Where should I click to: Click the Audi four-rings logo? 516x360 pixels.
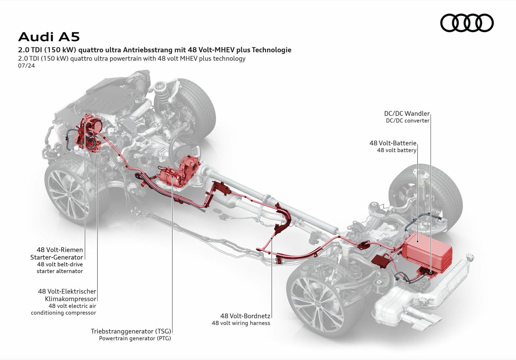(467, 23)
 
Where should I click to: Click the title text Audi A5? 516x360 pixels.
(49, 37)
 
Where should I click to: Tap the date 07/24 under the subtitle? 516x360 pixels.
(26, 66)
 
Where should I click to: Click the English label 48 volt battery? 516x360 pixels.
(396, 150)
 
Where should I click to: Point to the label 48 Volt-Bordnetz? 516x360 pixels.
(245, 316)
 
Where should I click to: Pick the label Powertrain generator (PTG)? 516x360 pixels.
(135, 338)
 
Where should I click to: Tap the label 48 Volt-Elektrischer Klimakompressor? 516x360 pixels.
(67, 295)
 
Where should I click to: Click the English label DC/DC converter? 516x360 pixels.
(408, 121)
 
